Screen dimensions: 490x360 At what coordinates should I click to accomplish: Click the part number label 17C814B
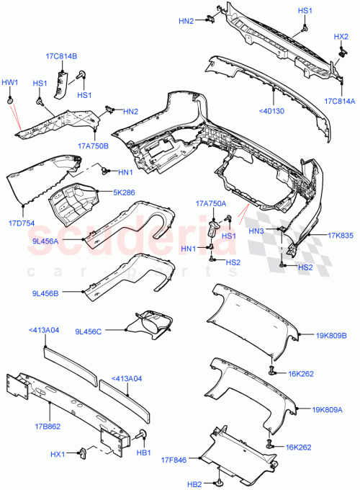(x=64, y=56)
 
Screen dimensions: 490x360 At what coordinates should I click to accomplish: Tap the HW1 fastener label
(x=11, y=82)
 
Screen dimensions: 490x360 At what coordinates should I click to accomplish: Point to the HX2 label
(x=341, y=36)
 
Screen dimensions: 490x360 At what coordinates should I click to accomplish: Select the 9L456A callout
(x=45, y=241)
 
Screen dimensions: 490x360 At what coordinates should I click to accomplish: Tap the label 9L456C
(x=89, y=331)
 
